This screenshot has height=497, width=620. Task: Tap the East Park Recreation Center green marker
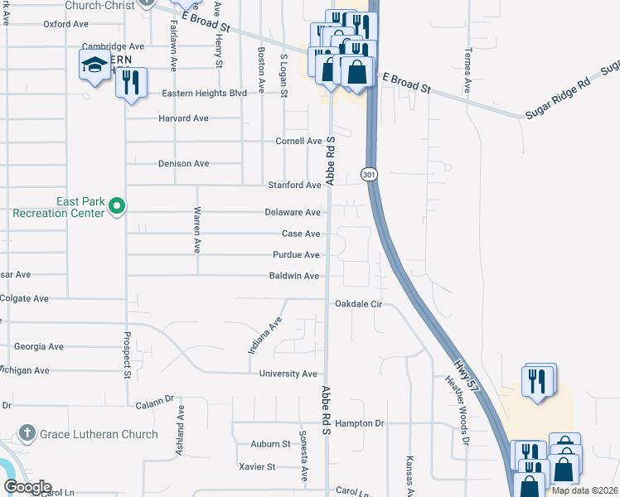pos(118,205)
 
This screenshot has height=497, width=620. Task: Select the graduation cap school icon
pos(94,64)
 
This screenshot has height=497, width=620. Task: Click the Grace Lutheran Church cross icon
pos(27,433)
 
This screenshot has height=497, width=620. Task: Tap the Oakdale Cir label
pos(358,304)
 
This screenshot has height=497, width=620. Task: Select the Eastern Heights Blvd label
pos(205,94)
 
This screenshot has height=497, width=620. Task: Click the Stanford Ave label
pos(293,186)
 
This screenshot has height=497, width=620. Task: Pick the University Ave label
pos(288,374)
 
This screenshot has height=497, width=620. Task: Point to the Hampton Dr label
pos(360,423)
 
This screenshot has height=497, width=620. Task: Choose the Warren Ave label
pos(197,234)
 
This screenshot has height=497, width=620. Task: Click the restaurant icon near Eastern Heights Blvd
pos(132,83)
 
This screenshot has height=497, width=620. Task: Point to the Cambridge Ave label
pos(114,47)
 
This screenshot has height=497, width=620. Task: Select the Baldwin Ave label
pos(294,276)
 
